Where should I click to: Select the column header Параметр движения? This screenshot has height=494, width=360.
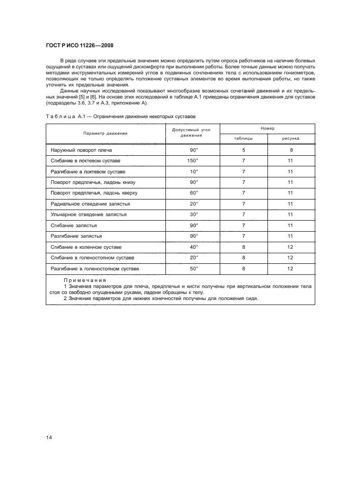coord(106,133)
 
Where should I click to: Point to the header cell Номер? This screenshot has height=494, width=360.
coord(267,129)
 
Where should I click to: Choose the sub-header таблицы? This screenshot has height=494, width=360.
coord(243,138)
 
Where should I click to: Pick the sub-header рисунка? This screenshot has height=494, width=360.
coord(291,138)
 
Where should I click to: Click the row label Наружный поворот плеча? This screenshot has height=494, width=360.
coord(85,150)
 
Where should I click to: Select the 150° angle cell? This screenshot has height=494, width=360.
coord(193,161)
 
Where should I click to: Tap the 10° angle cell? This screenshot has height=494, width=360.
coord(193,171)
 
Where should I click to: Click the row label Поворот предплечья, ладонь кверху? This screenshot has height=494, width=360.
coord(95,193)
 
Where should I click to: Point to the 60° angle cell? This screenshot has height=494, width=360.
coord(193,193)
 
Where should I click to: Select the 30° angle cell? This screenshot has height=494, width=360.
coord(193,215)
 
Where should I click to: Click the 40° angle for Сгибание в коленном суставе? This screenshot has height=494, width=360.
coord(193,247)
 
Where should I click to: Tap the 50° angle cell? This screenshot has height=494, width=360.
coord(193,269)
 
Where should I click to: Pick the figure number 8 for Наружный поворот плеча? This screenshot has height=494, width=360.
coord(291,150)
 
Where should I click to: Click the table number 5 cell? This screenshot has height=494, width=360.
coord(243,150)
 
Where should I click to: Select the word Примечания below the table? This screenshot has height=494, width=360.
coord(85,280)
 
